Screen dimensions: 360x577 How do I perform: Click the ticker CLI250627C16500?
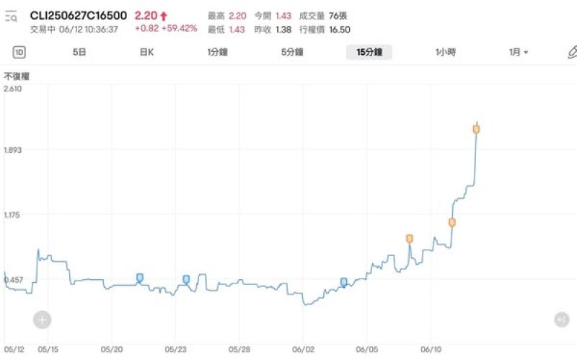tap(78, 15)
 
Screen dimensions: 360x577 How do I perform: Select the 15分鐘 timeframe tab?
tap(369, 52)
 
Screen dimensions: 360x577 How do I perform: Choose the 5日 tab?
tap(79, 52)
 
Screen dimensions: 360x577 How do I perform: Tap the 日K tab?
tap(146, 52)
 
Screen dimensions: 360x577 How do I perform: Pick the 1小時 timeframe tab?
tap(445, 52)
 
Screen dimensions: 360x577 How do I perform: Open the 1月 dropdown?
tap(518, 52)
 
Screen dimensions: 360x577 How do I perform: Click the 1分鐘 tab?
tap(218, 52)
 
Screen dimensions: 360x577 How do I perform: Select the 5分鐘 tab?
tap(292, 52)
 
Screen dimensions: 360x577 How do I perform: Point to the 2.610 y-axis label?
tap(14, 89)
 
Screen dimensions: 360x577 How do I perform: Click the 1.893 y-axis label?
tap(14, 150)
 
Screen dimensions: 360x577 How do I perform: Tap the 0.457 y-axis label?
tap(14, 280)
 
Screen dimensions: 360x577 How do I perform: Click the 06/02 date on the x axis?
tap(303, 348)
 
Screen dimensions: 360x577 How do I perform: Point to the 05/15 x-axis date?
tap(48, 348)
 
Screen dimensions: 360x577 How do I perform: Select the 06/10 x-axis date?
tap(431, 348)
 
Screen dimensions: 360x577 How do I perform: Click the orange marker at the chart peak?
tap(476, 129)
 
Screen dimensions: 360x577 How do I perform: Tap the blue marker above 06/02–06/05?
tap(343, 282)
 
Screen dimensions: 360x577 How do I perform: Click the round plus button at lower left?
tap(43, 319)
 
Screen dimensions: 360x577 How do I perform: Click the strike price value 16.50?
tap(339, 30)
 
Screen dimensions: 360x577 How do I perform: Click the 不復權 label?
tap(17, 75)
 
